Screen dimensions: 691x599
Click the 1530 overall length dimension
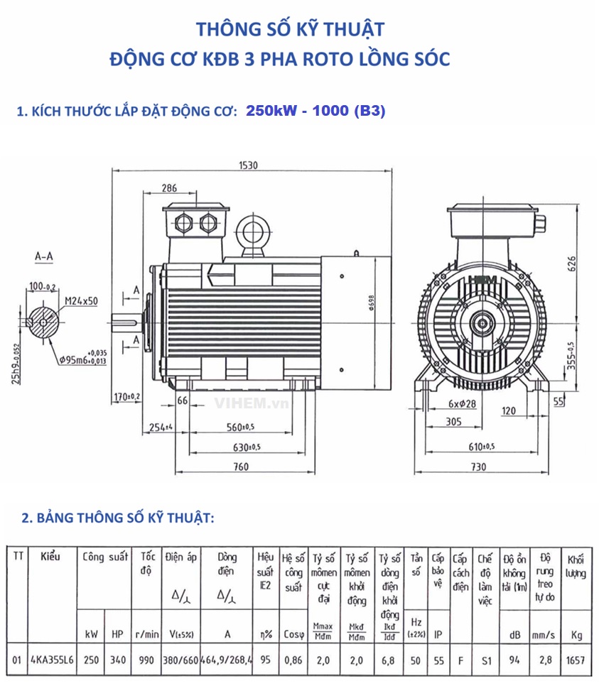pos(248,165)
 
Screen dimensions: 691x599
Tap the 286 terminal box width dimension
pos(168,188)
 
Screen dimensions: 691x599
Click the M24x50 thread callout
pos(81,301)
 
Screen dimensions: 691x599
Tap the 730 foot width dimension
pos(478,467)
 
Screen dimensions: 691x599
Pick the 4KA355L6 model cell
pos(53,660)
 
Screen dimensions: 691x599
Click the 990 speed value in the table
pos(146,660)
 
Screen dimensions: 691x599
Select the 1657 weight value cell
pos(576,660)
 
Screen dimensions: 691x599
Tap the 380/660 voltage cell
pos(180,660)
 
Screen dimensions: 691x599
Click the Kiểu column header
pos(50,557)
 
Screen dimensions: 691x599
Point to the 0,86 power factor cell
pos(293,660)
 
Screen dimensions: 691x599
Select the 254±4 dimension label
pos(161,428)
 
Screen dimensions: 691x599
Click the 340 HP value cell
pos(117,660)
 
